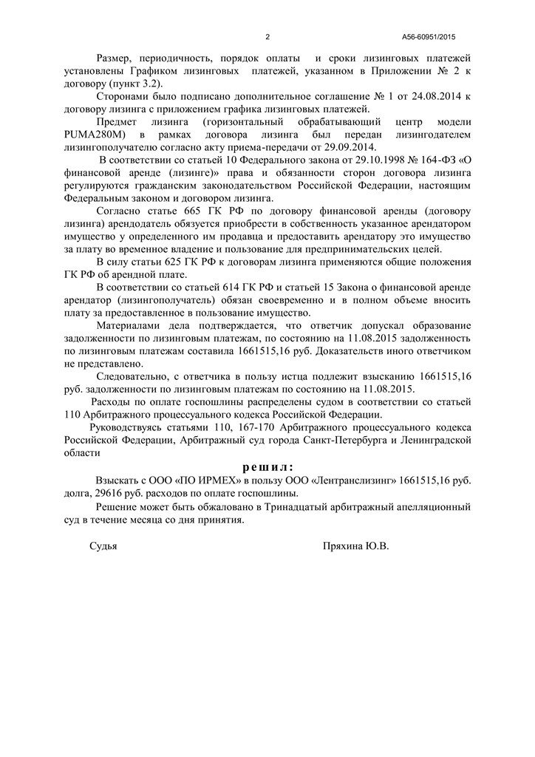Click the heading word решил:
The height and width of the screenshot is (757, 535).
point(267,467)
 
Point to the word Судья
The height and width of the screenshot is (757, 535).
point(103,546)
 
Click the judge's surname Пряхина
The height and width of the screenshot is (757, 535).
point(345,546)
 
